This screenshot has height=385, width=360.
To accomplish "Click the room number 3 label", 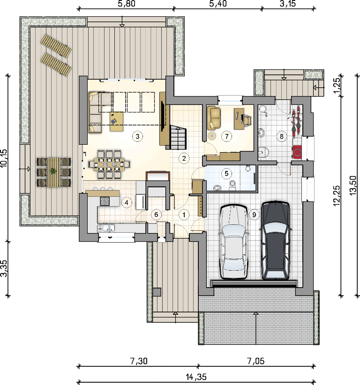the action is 137,136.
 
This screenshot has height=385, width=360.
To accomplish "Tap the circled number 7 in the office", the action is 226,136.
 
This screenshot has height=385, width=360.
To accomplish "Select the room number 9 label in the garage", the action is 254,215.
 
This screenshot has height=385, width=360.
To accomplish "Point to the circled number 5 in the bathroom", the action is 226,174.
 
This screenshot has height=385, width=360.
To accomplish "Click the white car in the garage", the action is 234,242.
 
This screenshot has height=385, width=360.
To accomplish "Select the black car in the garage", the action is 276,241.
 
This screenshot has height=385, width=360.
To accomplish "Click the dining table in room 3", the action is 109,164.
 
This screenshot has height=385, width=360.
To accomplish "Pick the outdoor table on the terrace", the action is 53,172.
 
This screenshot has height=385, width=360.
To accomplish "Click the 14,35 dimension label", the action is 196,377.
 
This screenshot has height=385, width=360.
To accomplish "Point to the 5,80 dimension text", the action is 127,4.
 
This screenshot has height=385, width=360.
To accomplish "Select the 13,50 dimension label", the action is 352,185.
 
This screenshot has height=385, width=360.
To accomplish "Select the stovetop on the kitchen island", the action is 105,201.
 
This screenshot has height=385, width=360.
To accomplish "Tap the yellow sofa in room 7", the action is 214,118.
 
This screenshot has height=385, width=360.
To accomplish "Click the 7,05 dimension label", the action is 256,361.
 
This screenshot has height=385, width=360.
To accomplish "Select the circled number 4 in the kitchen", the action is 127,202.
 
